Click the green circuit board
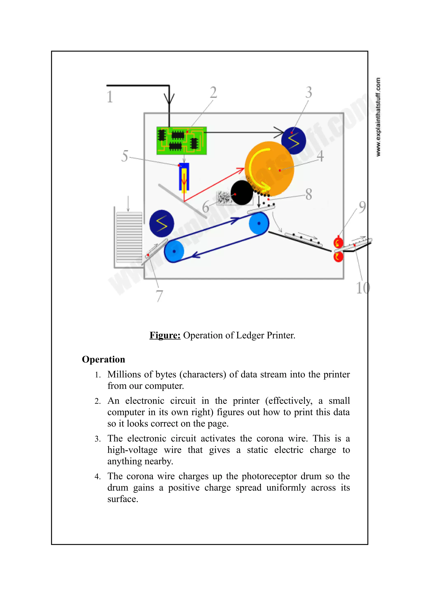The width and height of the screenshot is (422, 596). tap(182, 141)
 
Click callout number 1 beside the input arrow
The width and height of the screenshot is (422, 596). tap(110, 97)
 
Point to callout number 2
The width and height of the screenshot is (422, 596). tap(213, 92)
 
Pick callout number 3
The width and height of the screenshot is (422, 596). tap(309, 92)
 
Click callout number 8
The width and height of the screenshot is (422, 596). tap(309, 194)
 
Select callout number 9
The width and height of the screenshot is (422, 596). tap(362, 207)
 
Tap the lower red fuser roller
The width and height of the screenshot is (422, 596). tap(338, 257)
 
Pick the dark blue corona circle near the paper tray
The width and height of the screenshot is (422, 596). tap(162, 223)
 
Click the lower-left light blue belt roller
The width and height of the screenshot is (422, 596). tap(174, 251)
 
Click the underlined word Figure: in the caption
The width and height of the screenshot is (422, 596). tap(165, 335)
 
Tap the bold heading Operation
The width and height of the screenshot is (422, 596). tap(103, 359)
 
